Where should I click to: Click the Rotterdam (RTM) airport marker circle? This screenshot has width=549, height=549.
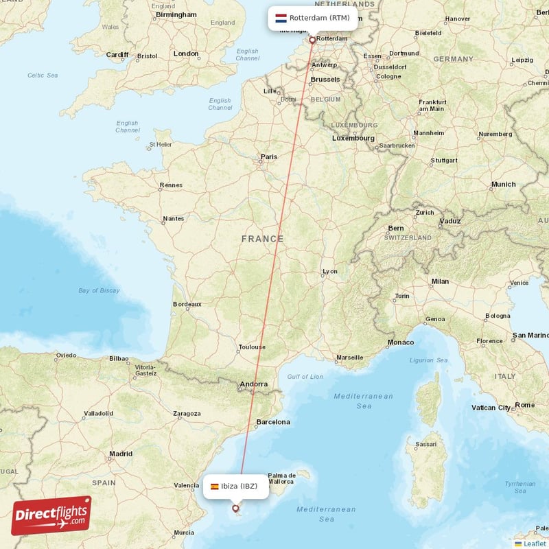point(312,40)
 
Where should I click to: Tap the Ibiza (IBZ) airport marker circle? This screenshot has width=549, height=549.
point(235,509)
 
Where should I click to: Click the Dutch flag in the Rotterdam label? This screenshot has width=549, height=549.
point(280,18)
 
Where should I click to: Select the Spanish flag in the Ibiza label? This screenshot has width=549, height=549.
point(215,487)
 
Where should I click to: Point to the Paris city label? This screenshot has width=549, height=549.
point(269,157)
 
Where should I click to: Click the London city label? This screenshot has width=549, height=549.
point(186,54)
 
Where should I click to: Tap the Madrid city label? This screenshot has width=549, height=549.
point(121,454)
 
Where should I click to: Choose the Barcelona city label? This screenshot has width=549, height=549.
point(273,422)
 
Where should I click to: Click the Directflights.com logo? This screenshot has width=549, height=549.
point(51,515)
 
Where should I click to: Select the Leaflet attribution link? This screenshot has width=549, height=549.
point(535,544)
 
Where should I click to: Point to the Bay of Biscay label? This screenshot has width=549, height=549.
point(99,290)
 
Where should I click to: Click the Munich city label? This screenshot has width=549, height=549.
point(503,185)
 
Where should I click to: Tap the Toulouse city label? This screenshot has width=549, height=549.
point(251,347)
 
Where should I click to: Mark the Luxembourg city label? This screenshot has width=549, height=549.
point(353,138)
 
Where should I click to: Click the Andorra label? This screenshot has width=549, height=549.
point(253,384)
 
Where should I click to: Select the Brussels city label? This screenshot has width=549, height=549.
point(325,80)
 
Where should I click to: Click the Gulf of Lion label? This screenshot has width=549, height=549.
point(305,377)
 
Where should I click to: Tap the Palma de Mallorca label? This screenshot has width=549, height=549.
point(281,478)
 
